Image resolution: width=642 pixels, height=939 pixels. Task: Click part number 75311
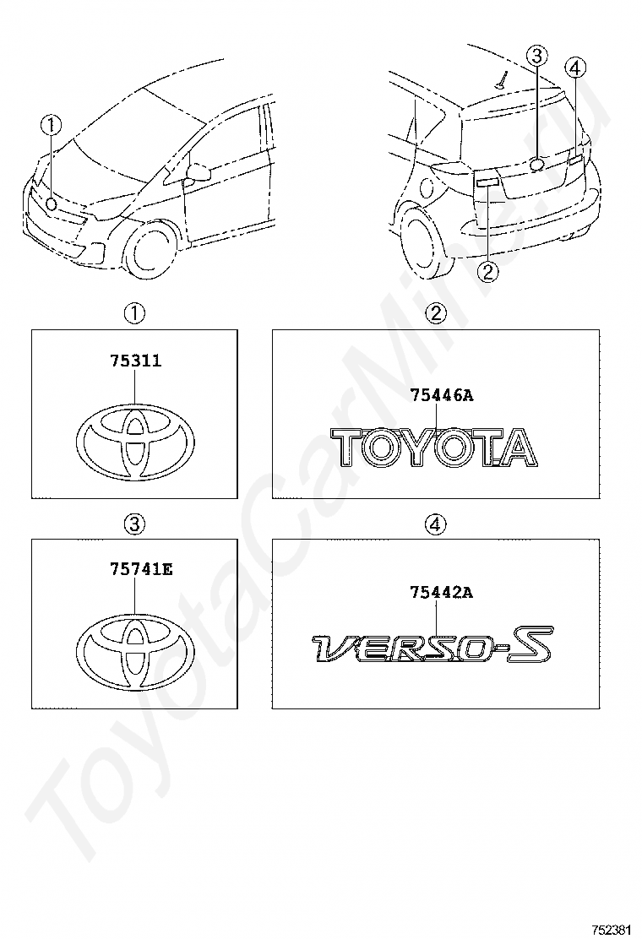tap(135, 361)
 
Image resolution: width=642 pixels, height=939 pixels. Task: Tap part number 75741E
tap(140, 570)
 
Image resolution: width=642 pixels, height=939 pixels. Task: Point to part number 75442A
tap(441, 593)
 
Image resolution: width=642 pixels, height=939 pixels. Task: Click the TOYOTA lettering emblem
tap(433, 447)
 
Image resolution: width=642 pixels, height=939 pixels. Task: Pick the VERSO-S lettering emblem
tap(432, 646)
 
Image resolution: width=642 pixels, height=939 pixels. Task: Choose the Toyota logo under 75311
tap(135, 443)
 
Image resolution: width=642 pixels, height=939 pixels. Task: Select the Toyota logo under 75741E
tap(135, 650)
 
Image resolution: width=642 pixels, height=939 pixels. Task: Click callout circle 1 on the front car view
tap(52, 126)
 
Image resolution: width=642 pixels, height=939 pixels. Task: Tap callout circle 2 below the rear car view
tap(488, 271)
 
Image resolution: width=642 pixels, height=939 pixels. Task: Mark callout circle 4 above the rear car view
tap(576, 68)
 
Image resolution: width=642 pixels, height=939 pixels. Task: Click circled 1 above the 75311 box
tap(134, 314)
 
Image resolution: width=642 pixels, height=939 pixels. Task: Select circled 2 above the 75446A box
tap(435, 314)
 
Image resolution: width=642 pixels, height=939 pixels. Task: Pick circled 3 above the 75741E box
tap(134, 524)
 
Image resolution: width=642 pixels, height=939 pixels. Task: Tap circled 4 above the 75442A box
tap(435, 524)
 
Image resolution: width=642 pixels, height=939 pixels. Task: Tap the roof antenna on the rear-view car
tap(502, 81)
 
